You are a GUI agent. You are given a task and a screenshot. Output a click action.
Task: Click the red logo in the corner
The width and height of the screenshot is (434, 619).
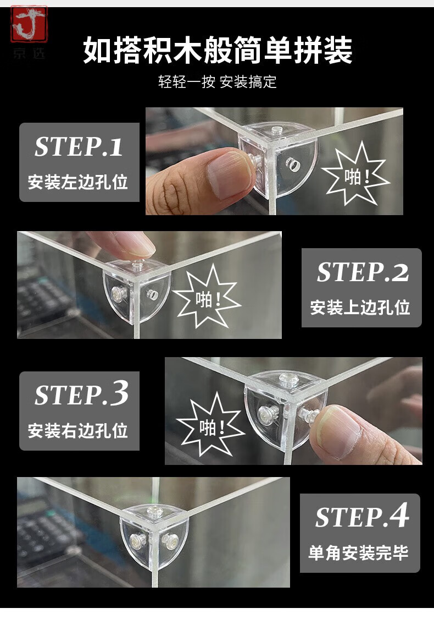point(29,24)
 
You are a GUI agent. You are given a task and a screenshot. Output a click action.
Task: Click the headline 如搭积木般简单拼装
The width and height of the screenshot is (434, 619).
point(217,50)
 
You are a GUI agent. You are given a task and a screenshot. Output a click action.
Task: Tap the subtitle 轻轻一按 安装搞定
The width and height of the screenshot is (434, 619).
point(217,82)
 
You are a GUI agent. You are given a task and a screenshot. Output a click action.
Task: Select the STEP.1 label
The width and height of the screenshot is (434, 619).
point(79,147)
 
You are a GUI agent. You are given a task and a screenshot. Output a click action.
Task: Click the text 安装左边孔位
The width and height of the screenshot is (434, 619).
point(78,182)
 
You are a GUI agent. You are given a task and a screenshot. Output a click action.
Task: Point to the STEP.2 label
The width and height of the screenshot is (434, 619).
point(362,272)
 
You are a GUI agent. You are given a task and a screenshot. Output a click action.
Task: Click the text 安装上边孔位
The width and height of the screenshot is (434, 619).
point(360,308)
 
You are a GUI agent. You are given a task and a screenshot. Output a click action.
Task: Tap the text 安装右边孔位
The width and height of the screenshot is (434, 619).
point(78,430)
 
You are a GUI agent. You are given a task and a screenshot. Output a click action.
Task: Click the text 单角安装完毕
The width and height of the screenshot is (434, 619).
point(358,552)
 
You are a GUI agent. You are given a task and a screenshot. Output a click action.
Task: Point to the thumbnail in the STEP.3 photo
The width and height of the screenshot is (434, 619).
point(340,431)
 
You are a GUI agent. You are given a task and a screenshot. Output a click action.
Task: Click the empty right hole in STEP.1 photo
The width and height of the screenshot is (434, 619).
point(292,163)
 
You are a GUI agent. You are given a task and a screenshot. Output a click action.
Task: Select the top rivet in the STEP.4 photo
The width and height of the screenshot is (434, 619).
point(153,512)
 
